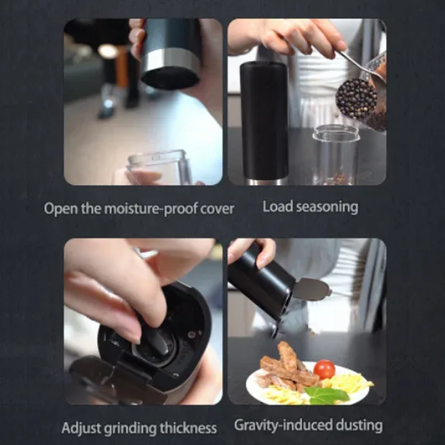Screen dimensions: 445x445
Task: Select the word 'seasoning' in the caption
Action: pyautogui.click(x=329, y=207)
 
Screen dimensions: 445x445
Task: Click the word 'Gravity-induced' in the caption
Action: pyautogui.click(x=284, y=426)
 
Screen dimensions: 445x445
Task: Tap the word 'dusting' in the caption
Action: pyautogui.click(x=360, y=426)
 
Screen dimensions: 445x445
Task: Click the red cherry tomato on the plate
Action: pyautogui.click(x=324, y=369)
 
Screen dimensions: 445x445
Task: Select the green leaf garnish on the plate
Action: pyautogui.click(x=328, y=395)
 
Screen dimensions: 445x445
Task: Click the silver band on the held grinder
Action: pyautogui.click(x=170, y=61)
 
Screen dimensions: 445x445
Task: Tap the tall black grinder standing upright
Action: pyautogui.click(x=264, y=123)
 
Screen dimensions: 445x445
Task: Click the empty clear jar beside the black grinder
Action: pyautogui.click(x=336, y=154)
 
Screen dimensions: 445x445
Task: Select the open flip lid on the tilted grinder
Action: pyautogui.click(x=311, y=289)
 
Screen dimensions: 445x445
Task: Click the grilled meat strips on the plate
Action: pyautogui.click(x=289, y=367)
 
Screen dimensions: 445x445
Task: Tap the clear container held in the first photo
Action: pyautogui.click(x=159, y=167)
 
